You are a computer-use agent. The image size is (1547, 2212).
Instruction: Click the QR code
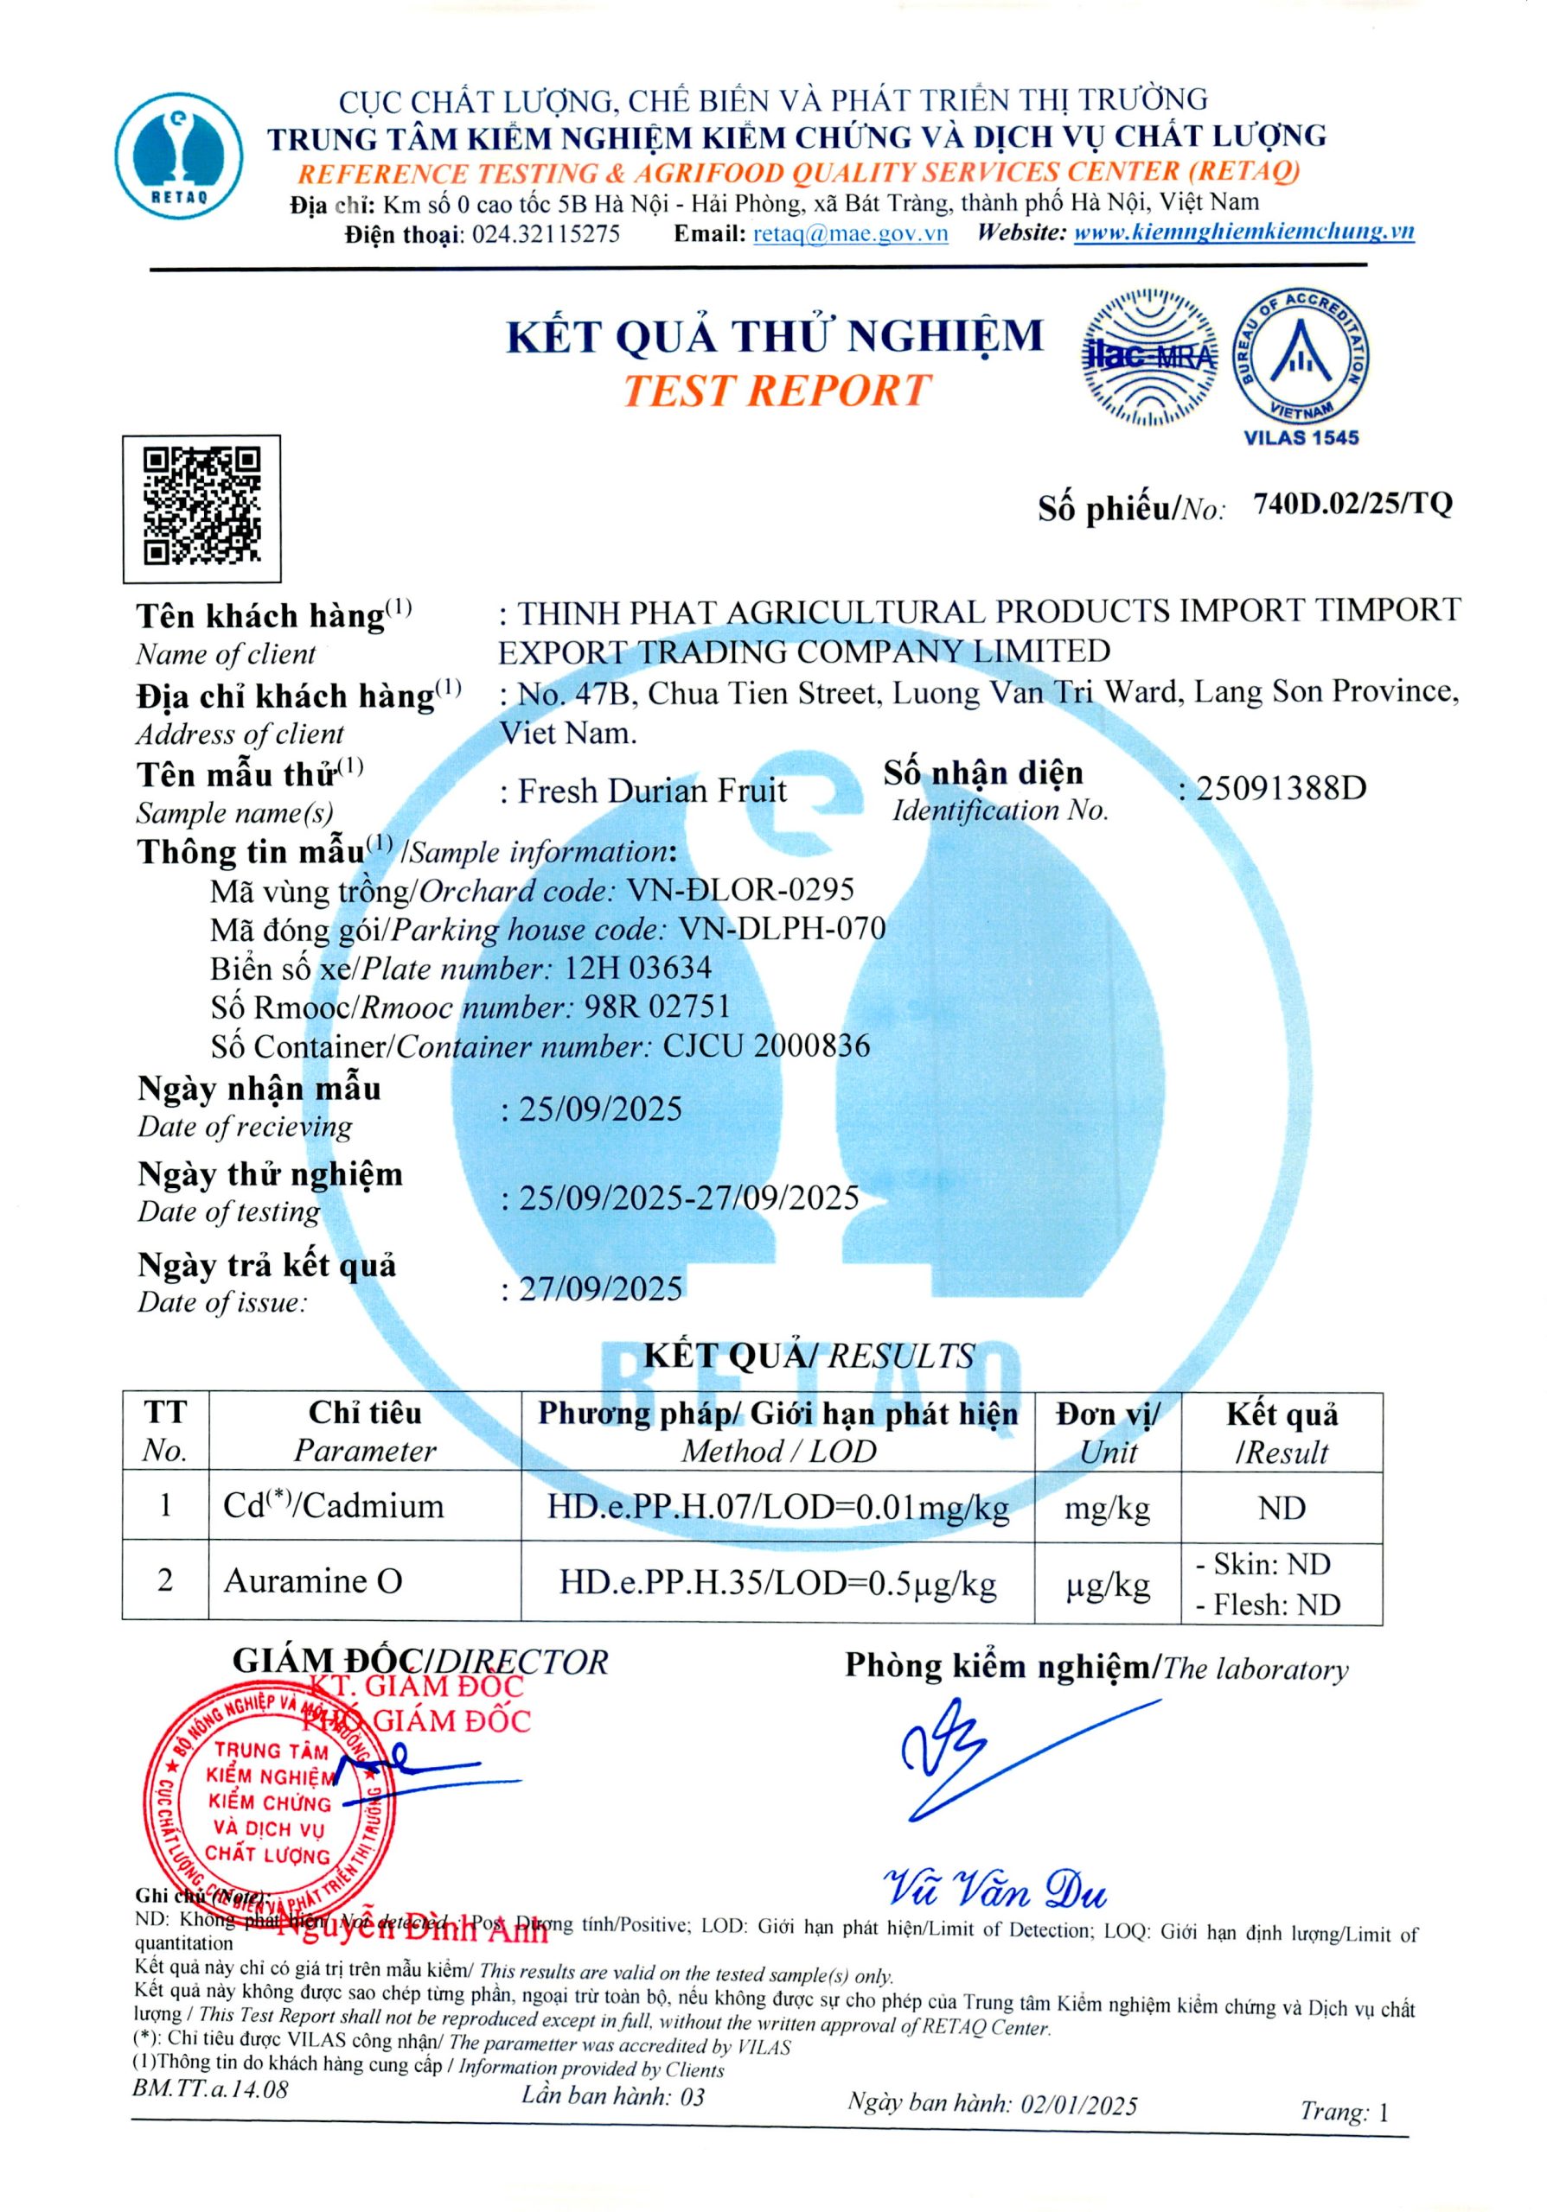tap(201, 508)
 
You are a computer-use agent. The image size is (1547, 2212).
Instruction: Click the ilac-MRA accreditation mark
tap(1148, 357)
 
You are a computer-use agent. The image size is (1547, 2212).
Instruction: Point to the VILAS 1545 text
tap(1301, 437)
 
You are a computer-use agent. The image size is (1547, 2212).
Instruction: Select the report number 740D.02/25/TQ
tap(1352, 503)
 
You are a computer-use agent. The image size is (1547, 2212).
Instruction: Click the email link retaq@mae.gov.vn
tap(850, 233)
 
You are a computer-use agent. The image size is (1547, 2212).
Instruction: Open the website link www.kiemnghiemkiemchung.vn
tap(1243, 232)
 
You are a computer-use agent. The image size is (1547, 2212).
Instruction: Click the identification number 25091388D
tap(1281, 789)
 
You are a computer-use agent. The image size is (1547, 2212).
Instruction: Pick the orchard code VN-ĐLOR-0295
tap(740, 889)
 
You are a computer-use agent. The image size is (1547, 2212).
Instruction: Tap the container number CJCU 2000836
tap(766, 1046)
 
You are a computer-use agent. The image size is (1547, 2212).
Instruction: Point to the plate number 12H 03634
tap(637, 967)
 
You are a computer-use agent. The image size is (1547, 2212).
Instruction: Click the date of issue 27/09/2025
tap(600, 1288)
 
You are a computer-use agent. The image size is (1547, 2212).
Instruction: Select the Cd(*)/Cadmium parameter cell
tap(334, 1507)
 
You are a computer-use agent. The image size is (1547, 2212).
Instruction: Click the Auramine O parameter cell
tap(312, 1581)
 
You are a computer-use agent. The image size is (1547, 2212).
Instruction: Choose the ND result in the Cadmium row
tap(1281, 1508)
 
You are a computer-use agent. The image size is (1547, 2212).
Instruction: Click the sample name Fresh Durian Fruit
tap(653, 791)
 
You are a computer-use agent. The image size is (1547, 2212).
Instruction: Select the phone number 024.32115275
tap(546, 234)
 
